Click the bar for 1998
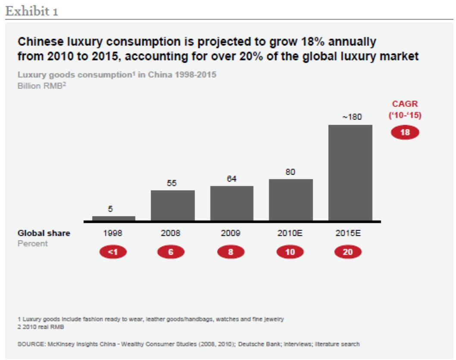113,218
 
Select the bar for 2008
172,205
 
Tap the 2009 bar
231,203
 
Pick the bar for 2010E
290,199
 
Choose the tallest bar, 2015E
350,172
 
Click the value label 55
172,183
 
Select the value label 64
231,178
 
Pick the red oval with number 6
171,252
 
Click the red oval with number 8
231,252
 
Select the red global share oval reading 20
348,252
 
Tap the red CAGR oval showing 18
405,132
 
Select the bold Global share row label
44,233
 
